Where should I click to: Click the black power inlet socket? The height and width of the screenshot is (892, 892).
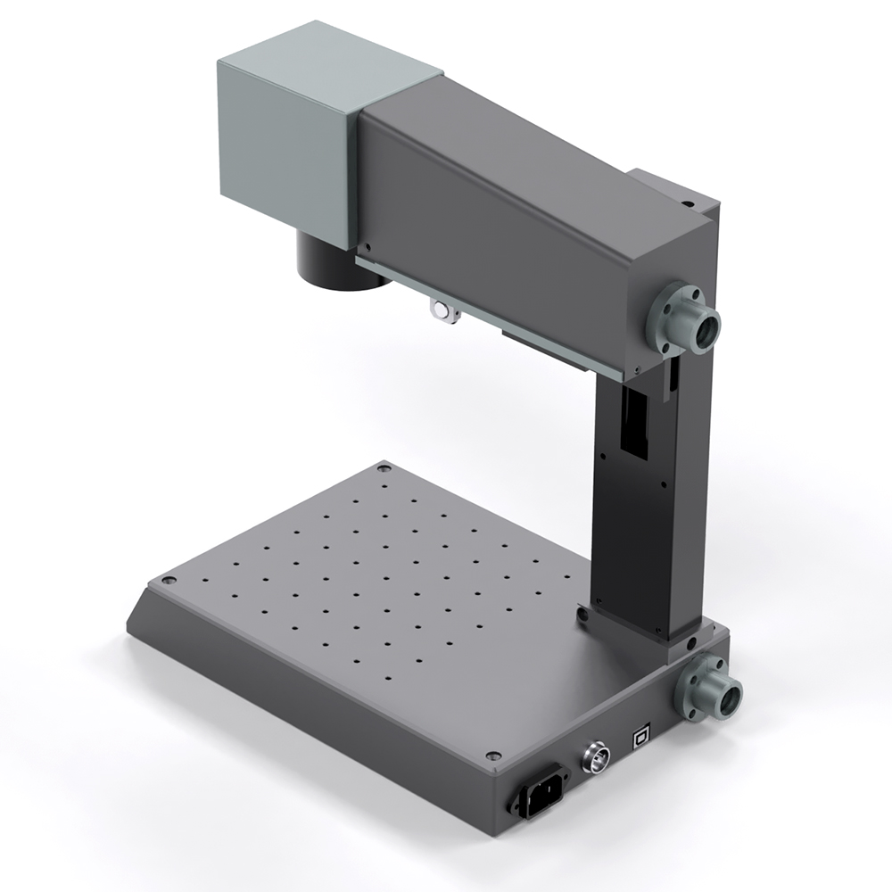point(537,790)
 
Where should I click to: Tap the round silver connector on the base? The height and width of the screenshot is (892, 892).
point(593,759)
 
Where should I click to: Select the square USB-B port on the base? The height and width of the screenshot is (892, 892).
point(640,737)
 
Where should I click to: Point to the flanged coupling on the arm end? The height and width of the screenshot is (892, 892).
point(689,319)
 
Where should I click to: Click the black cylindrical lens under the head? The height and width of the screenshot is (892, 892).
point(341,263)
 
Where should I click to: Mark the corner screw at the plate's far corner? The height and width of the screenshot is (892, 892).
point(384,467)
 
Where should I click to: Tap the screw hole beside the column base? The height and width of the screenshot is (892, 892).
point(582,614)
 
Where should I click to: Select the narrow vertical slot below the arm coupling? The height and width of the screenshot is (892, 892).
point(672,375)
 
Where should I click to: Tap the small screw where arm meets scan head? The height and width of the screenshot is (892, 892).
point(365,248)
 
